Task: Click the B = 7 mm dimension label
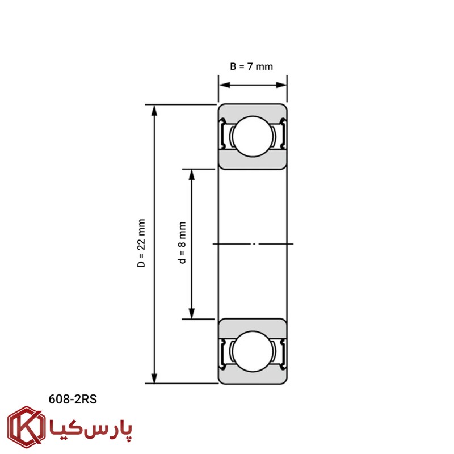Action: coord(251,66)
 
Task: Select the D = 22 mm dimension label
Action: coord(141,243)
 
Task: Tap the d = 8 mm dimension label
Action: coord(182,243)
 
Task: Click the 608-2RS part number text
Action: coord(73,400)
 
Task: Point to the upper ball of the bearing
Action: coord(253,136)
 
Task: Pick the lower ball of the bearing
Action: coord(253,351)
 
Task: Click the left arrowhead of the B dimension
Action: coord(224,85)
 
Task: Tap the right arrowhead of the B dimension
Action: coord(281,85)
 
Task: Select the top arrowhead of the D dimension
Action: coord(154,110)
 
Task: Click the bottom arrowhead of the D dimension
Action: coord(154,378)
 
